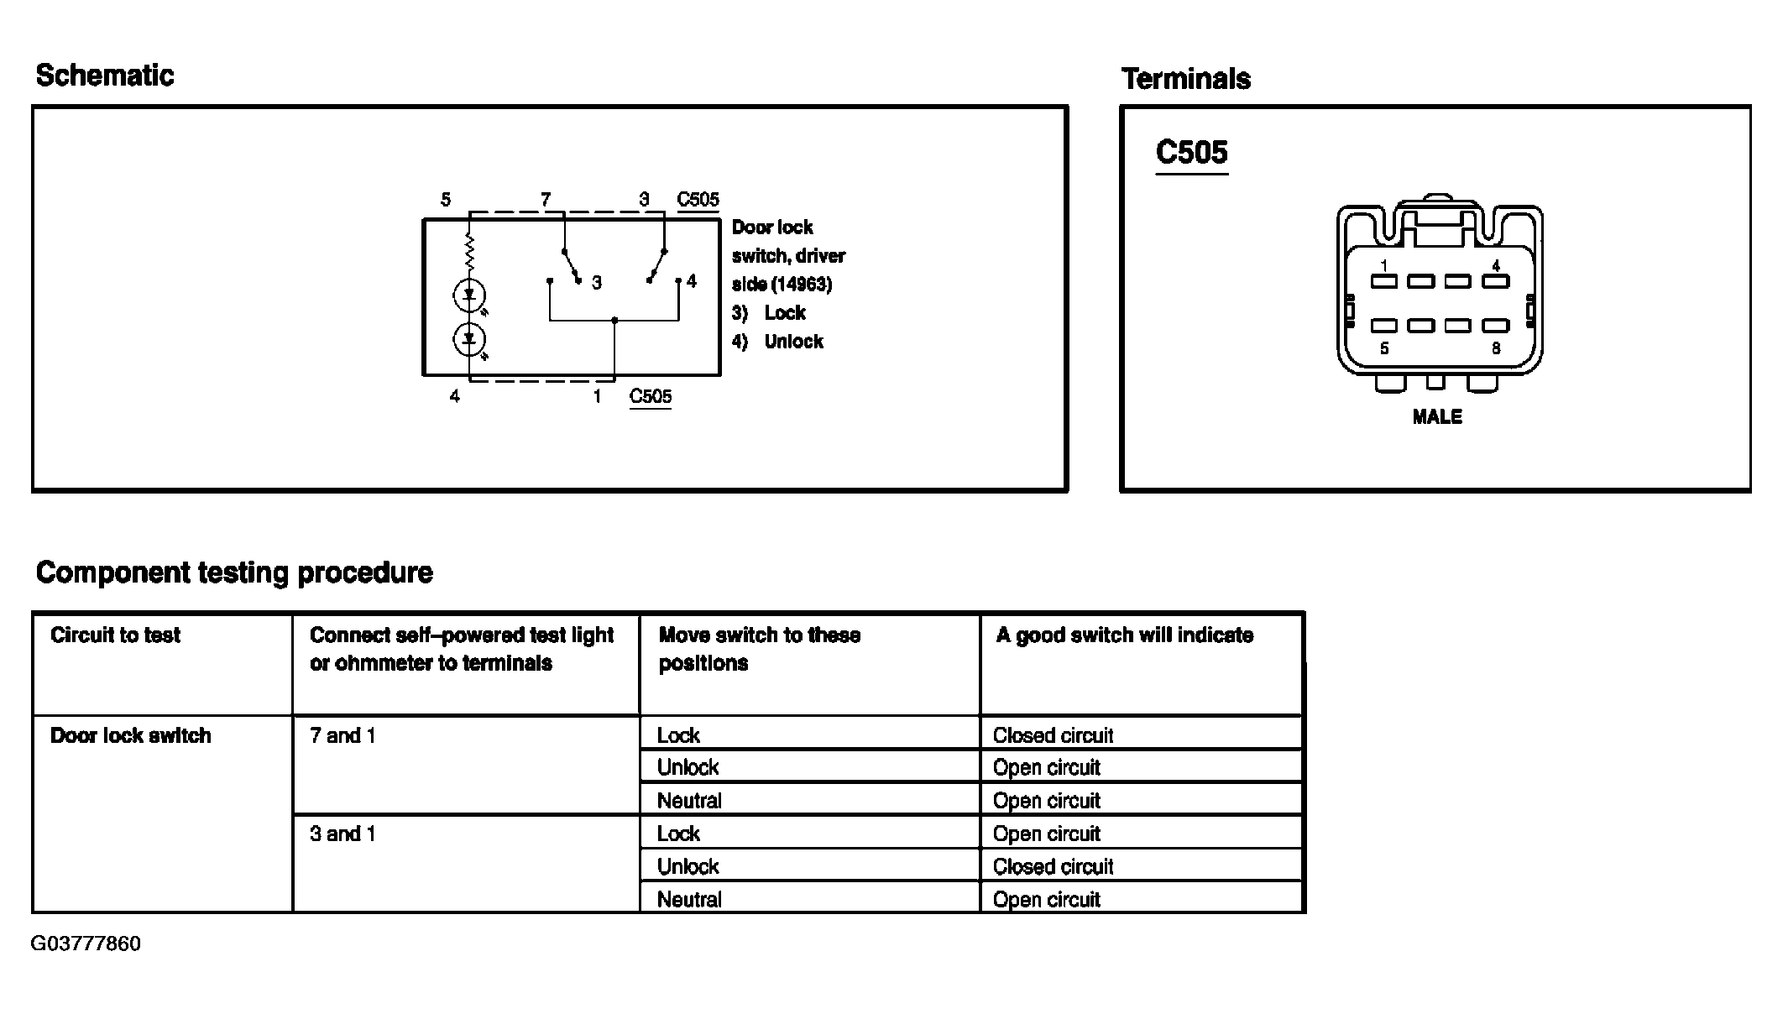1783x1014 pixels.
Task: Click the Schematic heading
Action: (105, 76)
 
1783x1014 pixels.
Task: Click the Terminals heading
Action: (1185, 79)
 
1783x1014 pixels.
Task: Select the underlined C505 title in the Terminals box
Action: (1191, 152)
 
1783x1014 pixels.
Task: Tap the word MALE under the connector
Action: (1436, 417)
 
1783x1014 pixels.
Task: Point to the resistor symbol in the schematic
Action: (469, 250)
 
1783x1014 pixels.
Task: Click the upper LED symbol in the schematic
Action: (469, 295)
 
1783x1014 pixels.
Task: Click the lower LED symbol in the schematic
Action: (469, 339)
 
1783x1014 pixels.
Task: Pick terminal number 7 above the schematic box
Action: (546, 200)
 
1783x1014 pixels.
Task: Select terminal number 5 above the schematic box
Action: (446, 200)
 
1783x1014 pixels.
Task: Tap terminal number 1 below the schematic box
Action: (597, 396)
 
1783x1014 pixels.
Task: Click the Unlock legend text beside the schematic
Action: (793, 342)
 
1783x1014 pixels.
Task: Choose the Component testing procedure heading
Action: (234, 572)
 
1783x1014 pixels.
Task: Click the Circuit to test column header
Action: (115, 635)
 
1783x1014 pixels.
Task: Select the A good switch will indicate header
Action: (1124, 635)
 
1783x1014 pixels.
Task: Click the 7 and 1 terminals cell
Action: (342, 736)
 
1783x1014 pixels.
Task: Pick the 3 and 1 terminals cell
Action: (342, 834)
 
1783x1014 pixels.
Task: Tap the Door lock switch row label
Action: (130, 736)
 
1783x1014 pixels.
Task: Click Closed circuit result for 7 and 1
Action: (1053, 736)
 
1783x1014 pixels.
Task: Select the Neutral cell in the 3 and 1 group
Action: (689, 900)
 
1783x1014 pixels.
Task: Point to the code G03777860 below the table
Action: (86, 943)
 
